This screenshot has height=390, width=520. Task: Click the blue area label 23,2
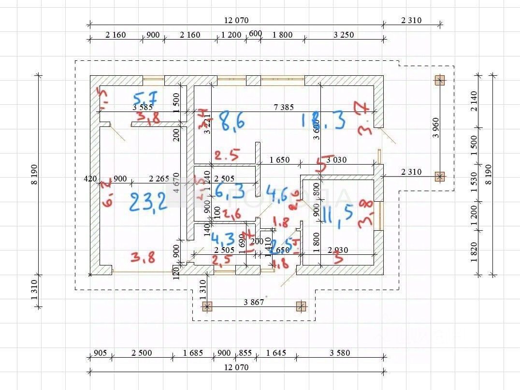148,200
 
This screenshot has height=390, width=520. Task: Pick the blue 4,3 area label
223,239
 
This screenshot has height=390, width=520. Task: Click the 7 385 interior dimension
283,107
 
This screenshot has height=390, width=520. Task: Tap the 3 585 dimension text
143,107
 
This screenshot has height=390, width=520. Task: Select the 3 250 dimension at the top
344,35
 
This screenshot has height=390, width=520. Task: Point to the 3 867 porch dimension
254,302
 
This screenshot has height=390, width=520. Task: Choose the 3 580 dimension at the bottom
340,353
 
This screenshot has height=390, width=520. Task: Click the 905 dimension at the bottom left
100,353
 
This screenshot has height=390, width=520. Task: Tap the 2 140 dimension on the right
474,101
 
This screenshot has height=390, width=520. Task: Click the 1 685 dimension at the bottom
193,353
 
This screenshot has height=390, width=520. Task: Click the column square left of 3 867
207,306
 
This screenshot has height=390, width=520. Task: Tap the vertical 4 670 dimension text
176,183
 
